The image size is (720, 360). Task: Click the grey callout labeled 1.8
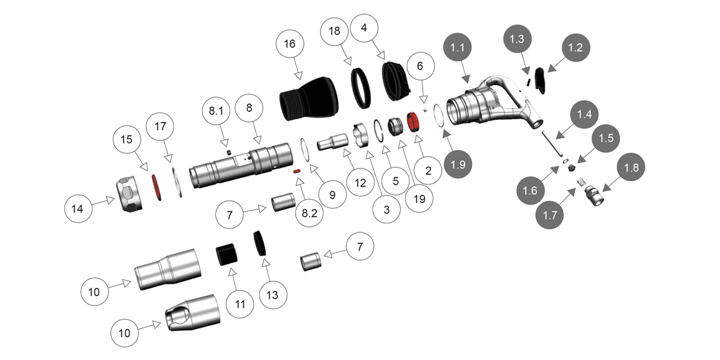(631, 168)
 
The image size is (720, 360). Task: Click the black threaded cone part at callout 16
(309, 99)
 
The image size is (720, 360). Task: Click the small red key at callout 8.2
(296, 172)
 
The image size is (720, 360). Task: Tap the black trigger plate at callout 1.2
(540, 80)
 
